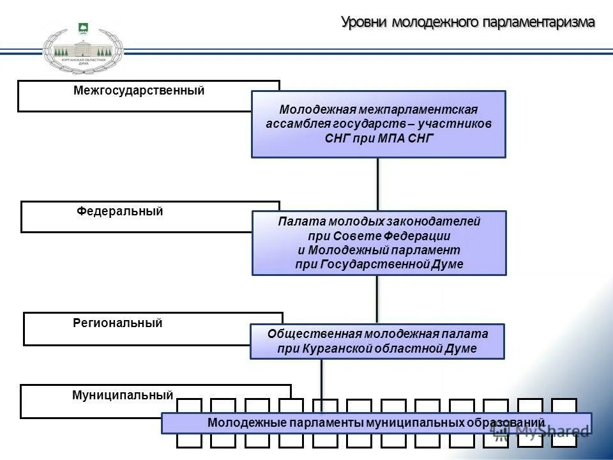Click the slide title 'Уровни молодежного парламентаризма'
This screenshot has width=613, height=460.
(x=468, y=22)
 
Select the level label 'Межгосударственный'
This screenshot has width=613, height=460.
(x=139, y=91)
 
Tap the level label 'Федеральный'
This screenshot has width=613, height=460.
(x=120, y=211)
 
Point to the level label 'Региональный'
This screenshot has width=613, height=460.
(x=118, y=323)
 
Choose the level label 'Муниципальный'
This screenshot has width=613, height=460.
(x=123, y=395)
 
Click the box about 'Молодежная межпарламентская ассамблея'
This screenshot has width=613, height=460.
(x=379, y=124)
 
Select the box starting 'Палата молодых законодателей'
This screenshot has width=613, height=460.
(x=379, y=243)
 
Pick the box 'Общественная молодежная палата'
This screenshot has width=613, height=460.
(x=377, y=341)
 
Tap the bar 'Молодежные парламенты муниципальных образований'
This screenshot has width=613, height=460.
(x=376, y=423)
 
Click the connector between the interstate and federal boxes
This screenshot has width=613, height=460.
(x=378, y=184)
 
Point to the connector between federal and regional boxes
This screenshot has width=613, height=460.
(x=377, y=299)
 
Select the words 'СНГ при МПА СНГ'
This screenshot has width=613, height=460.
(x=379, y=138)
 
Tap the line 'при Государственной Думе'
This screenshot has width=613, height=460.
(x=379, y=264)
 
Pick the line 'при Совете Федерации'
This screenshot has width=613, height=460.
(x=379, y=236)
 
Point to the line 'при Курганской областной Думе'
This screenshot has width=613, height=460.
(x=377, y=349)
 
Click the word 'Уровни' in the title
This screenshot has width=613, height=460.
(x=365, y=22)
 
